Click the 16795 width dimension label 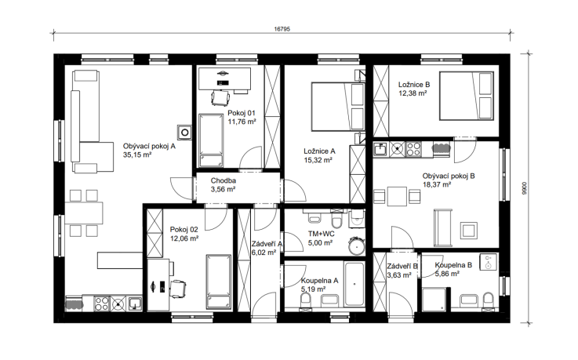click(x=282, y=29)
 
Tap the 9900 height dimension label click(x=525, y=188)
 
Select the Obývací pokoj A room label click(x=149, y=147)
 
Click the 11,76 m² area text click(x=242, y=122)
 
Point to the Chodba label click(x=224, y=180)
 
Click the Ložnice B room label click(x=414, y=85)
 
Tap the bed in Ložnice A click(x=338, y=107)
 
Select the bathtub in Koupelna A click(x=354, y=284)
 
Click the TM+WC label click(x=322, y=234)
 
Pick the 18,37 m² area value click(x=437, y=184)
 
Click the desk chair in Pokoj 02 click(x=178, y=288)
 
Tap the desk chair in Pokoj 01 click(x=220, y=98)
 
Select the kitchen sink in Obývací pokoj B click(x=380, y=150)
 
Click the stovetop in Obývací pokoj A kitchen click(x=102, y=304)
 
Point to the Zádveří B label click(x=402, y=266)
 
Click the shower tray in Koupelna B click(x=434, y=299)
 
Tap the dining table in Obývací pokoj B click(x=397, y=196)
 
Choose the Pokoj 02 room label click(x=184, y=230)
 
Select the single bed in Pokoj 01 click(x=211, y=140)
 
